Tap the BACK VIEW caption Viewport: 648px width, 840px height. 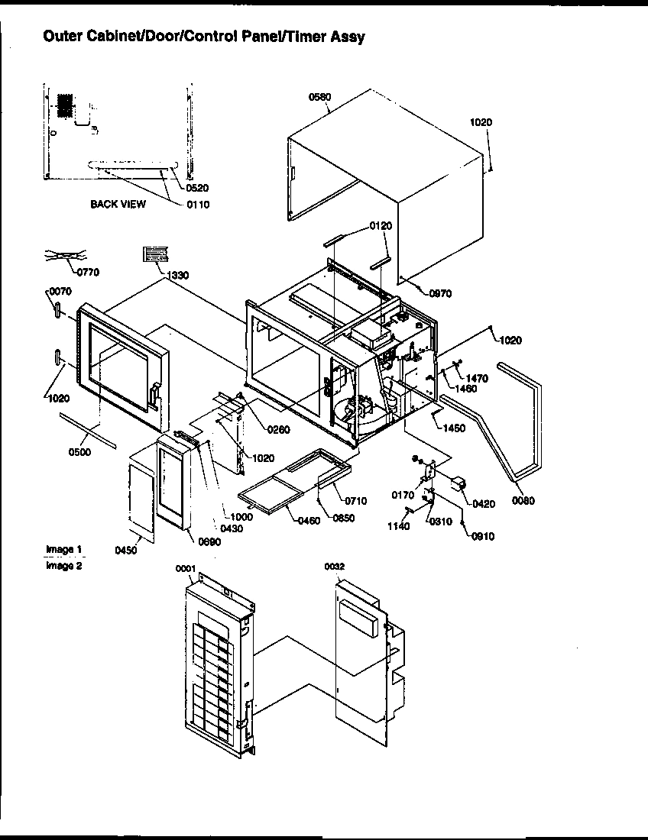click(118, 204)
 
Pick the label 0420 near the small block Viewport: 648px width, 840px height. click(483, 504)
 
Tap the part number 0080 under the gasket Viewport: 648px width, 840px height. click(523, 501)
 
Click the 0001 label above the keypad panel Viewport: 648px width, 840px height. click(186, 567)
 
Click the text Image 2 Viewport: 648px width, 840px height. click(63, 566)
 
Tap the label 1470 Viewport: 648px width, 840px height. click(477, 378)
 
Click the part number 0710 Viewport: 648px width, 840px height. click(355, 501)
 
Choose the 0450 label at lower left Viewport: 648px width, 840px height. click(125, 551)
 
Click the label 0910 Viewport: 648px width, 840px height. click(482, 536)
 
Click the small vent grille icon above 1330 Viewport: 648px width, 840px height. click(154, 254)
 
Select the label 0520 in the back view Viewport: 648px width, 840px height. click(197, 187)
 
